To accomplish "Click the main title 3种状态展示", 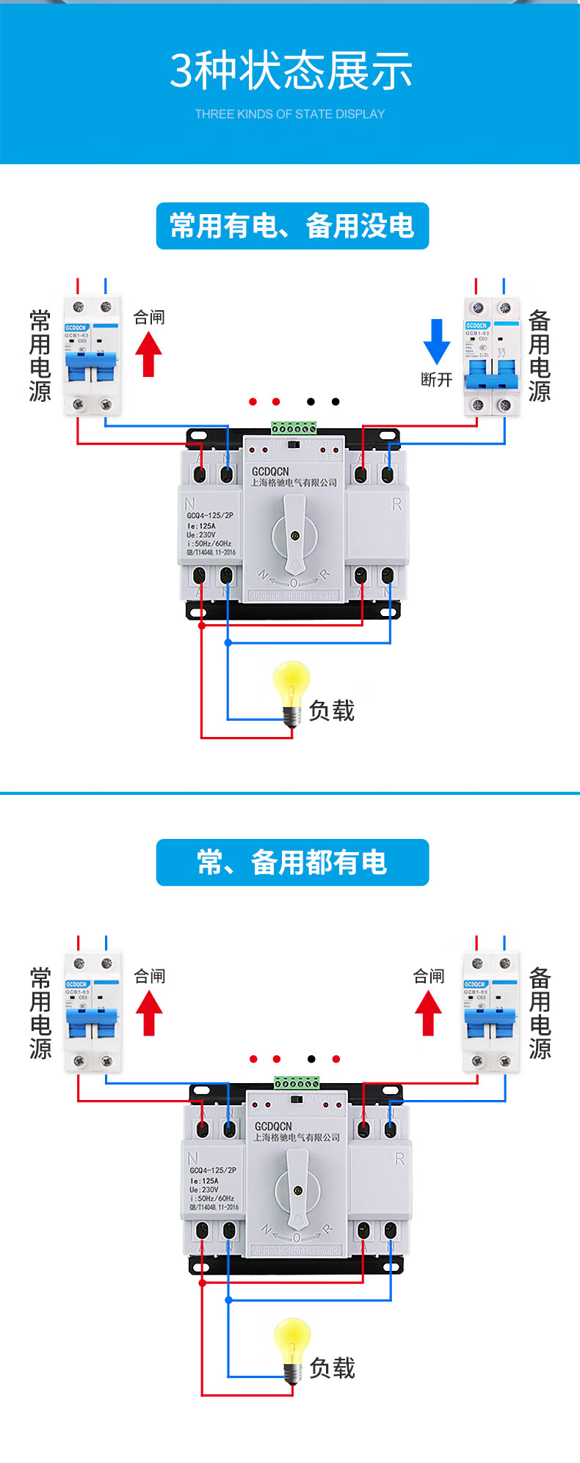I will [x=291, y=71].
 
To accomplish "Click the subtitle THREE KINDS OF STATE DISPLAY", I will [x=290, y=114].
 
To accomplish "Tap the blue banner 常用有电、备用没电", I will [x=292, y=226].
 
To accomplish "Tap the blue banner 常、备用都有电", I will [x=292, y=862].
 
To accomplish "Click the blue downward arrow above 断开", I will [x=437, y=341].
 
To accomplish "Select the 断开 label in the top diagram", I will [x=436, y=379].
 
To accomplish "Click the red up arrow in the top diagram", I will [x=148, y=354].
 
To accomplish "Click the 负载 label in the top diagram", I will [x=331, y=710].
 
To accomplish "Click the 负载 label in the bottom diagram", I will [x=332, y=1368].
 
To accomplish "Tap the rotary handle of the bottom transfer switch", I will [x=297, y=1189].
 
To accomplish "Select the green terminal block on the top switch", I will [x=294, y=428].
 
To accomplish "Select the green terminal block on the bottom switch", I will [x=297, y=1082].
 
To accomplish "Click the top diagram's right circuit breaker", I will [x=491, y=356].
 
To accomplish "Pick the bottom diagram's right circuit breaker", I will [x=490, y=1012].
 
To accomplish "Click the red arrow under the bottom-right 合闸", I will [x=428, y=1013].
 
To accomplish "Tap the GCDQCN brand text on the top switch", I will [x=270, y=472].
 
